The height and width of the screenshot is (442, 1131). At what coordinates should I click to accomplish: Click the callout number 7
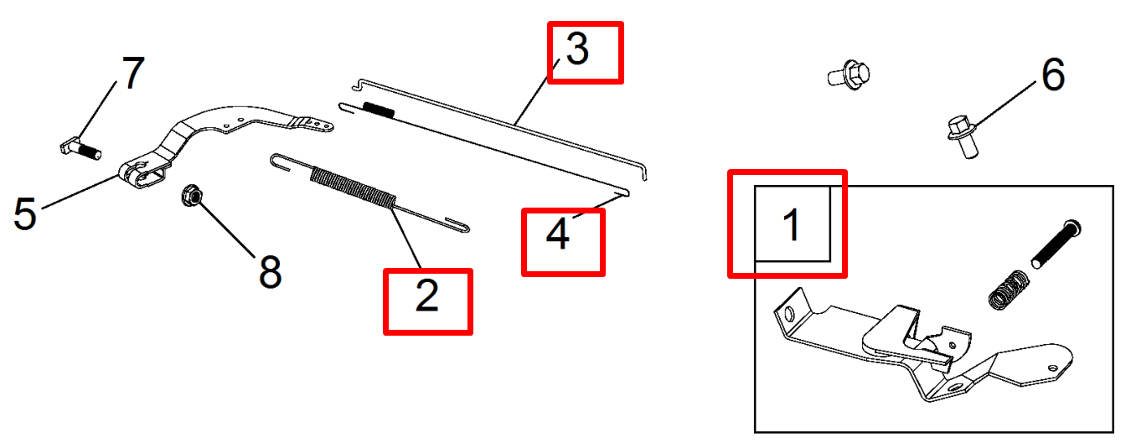(133, 73)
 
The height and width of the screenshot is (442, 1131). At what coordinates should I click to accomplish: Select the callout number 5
(25, 213)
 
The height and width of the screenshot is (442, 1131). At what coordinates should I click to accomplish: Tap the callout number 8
(270, 271)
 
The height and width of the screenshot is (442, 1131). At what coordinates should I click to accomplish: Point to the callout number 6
(1054, 75)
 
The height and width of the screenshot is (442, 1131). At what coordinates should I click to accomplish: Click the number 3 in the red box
(577, 49)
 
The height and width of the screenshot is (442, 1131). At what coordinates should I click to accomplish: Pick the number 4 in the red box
(558, 234)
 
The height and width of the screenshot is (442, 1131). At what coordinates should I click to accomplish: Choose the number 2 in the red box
(427, 296)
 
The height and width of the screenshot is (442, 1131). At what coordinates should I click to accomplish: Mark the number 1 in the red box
(792, 224)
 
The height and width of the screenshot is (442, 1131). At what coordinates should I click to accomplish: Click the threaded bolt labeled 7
(80, 150)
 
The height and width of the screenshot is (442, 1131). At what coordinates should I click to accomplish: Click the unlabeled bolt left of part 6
(849, 75)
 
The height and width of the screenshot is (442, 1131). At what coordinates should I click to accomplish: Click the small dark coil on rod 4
(379, 110)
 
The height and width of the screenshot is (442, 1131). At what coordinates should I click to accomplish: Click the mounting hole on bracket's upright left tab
(788, 315)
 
